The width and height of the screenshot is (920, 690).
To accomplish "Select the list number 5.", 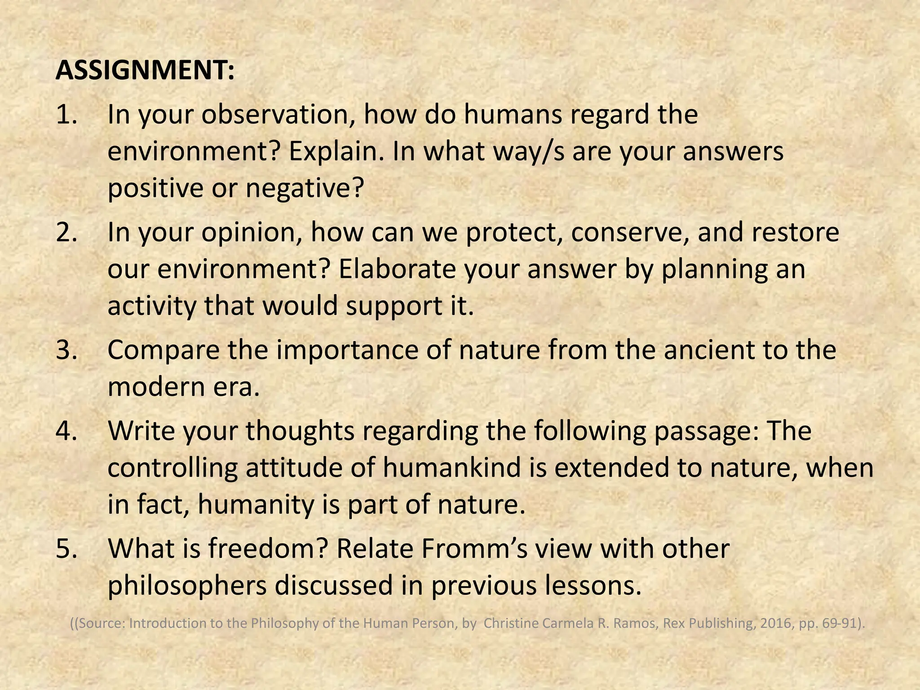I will (67, 548).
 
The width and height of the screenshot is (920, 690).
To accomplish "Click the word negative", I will (303, 188).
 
